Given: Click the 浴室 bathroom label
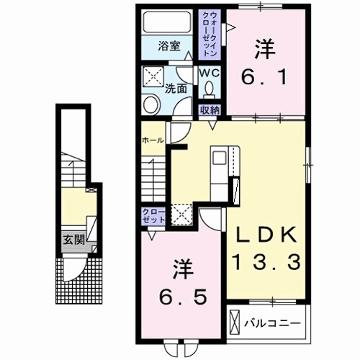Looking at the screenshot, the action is (169, 46).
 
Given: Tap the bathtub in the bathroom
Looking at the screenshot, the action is (167, 22).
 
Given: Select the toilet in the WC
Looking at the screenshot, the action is (210, 89).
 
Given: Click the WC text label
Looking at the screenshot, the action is (210, 73).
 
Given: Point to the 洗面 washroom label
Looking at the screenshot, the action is (176, 89).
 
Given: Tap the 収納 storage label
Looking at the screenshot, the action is (210, 110).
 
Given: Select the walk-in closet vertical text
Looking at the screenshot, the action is (210, 34).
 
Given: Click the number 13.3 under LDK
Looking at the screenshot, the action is (266, 262).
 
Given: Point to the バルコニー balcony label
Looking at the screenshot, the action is (272, 323).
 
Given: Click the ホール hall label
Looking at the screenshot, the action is (153, 140).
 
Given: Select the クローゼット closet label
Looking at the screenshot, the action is (153, 216).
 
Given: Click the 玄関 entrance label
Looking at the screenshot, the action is (73, 240).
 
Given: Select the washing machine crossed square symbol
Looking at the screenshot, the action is (153, 76).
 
